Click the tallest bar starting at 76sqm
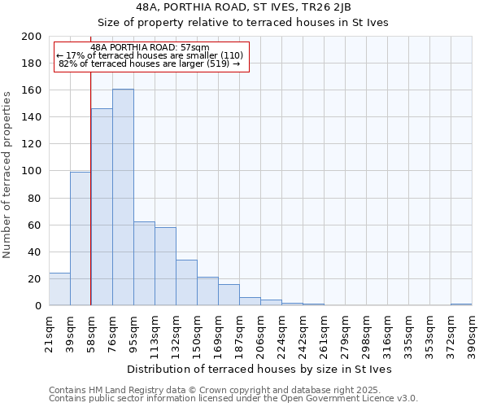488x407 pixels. point(123,197)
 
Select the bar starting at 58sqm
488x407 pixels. point(102,207)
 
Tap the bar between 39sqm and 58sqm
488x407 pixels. point(81,239)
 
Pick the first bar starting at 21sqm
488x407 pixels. point(59,289)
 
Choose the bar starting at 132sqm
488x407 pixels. point(186,282)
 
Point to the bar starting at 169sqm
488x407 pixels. point(229,295)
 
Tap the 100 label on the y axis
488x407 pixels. point(32,171)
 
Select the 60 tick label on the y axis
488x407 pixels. point(34,225)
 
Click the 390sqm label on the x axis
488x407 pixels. point(472,332)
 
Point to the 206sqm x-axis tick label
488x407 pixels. point(260,332)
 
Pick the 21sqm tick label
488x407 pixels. point(49,332)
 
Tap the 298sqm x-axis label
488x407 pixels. point(366,332)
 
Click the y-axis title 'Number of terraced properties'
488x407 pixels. point(8,174)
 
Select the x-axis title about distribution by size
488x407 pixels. point(259,369)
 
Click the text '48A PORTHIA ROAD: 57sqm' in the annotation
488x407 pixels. point(150,47)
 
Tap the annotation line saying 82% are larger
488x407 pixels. point(150,63)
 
